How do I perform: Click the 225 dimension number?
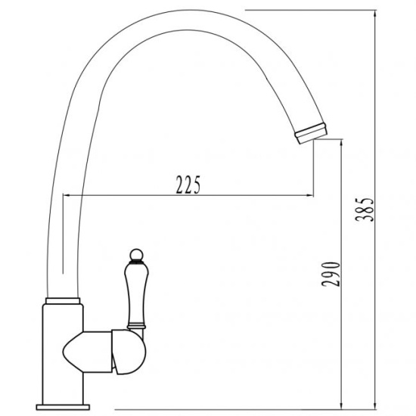click(x=188, y=185)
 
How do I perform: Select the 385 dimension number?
click(x=365, y=210)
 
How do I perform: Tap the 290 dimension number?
click(x=331, y=274)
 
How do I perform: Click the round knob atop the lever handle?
click(x=137, y=255)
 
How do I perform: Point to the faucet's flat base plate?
click(x=63, y=407)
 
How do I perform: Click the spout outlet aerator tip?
click(x=311, y=133)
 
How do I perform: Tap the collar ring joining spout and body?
click(x=63, y=301)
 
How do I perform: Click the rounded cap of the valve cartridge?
click(x=129, y=352)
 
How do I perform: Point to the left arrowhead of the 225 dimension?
click(x=66, y=195)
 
